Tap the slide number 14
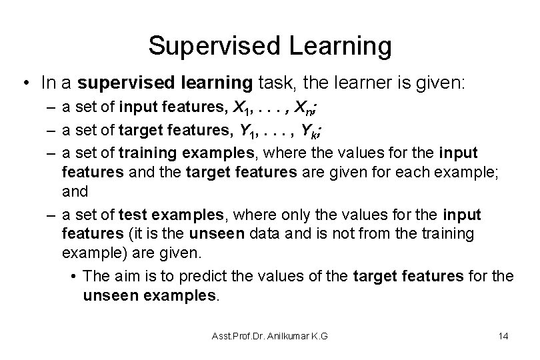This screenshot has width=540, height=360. [x=503, y=335]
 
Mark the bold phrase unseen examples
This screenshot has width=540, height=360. [x=150, y=294]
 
